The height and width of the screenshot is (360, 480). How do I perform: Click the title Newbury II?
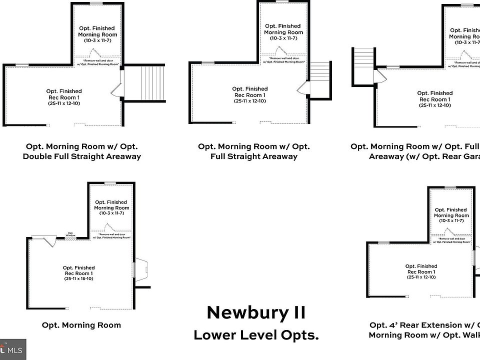point(255,312)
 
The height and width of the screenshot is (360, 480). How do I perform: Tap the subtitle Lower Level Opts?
point(255,334)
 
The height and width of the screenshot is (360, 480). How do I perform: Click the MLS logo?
point(13,349)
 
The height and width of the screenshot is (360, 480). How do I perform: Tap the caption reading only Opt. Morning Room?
point(81,325)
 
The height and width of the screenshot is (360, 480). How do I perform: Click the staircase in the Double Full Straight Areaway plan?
point(147,83)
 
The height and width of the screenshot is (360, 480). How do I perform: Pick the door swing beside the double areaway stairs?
point(116,89)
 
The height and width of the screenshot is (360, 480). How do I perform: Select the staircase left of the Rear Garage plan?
point(363,65)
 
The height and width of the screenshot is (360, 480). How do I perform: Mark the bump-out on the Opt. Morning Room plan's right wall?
point(140,270)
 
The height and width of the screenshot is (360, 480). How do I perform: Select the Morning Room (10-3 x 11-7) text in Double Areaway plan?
point(97,34)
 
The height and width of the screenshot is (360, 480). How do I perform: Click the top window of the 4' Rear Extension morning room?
point(450,187)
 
